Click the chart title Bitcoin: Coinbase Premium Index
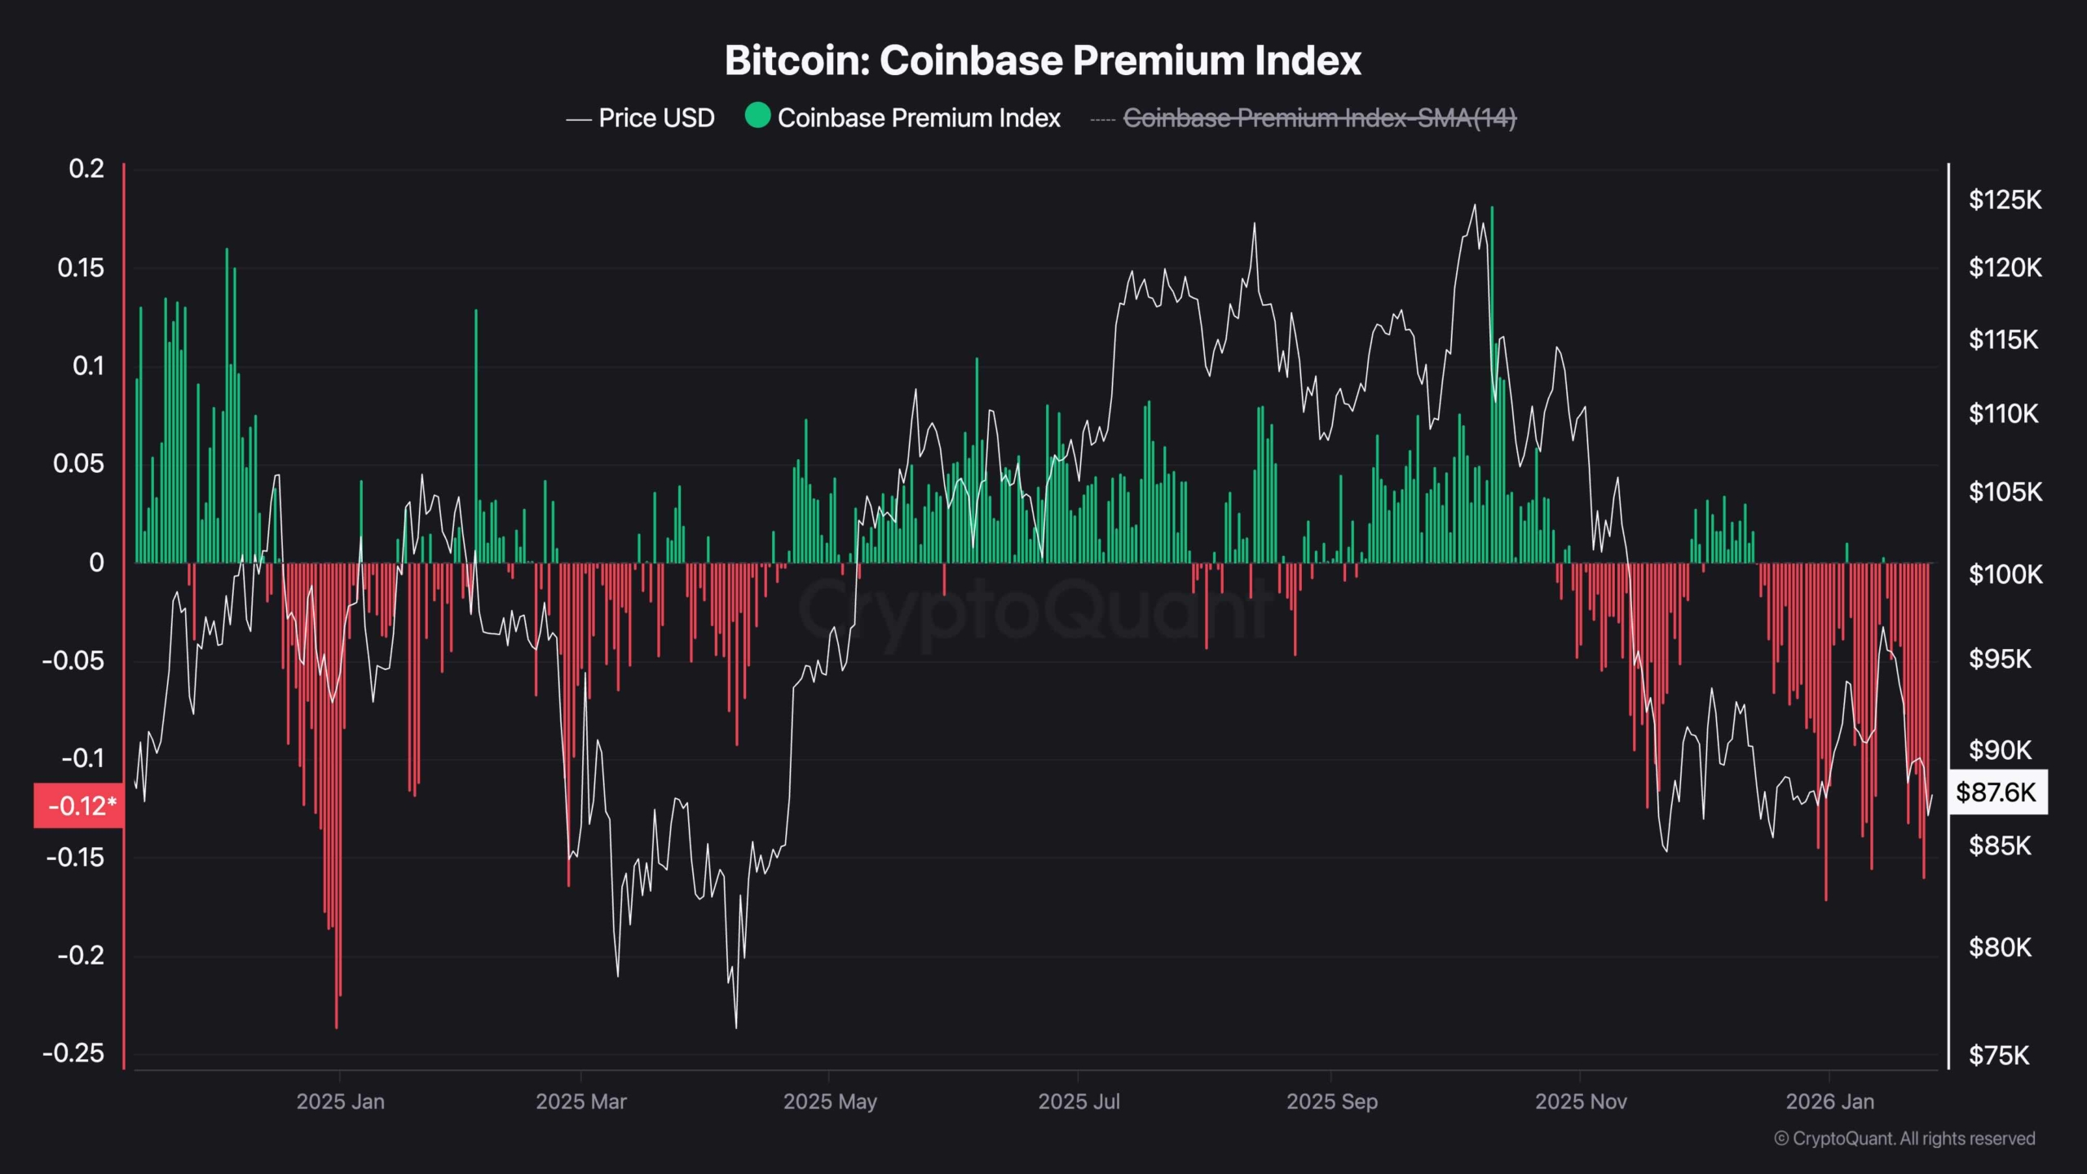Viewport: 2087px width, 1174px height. pos(1043,61)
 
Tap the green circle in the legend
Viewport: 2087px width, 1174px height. pos(757,116)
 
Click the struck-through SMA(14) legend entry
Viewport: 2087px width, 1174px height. pos(1319,118)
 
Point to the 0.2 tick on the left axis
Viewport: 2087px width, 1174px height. pos(86,169)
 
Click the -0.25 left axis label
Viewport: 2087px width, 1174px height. pos(73,1053)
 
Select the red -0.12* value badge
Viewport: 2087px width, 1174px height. pos(79,806)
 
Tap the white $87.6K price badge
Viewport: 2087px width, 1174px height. pos(1997,792)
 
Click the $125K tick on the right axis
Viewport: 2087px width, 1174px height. pos(2005,200)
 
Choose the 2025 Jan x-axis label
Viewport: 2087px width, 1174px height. pos(340,1101)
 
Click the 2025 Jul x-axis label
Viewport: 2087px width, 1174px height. pos(1079,1101)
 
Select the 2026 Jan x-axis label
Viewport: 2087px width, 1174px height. pos(1829,1101)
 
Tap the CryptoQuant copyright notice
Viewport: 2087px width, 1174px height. pos(1904,1138)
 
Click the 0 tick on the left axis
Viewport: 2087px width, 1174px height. pos(96,563)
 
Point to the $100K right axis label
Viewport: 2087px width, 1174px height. pos(2005,575)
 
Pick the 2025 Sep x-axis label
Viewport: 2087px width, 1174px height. pos(1331,1101)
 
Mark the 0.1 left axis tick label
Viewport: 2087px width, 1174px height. pos(88,366)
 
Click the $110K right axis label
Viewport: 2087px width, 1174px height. pos(2003,414)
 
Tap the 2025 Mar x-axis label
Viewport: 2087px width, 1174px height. pos(580,1101)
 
